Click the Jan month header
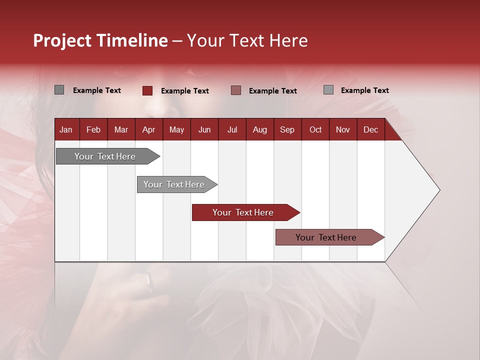66,130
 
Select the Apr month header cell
148,130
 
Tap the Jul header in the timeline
232,130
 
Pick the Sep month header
287,130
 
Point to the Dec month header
370,130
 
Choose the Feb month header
93,130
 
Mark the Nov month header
342,130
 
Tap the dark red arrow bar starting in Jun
243,212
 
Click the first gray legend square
59,90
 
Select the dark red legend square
147,90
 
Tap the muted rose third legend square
236,90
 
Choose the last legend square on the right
328,90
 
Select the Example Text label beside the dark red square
184,91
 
